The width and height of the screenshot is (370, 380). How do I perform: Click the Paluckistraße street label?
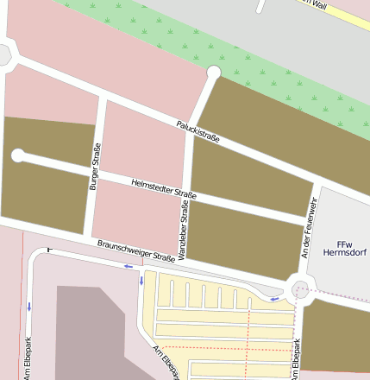(198, 130)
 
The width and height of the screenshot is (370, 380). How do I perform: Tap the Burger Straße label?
(95, 166)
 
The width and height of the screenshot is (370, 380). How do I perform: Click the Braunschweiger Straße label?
(136, 250)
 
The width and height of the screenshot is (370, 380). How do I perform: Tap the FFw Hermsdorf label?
(344, 249)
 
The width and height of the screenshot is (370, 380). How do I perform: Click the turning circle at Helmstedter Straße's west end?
(18, 155)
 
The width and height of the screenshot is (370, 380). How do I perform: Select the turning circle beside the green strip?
(214, 73)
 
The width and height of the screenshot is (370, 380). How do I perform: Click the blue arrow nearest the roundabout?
(275, 299)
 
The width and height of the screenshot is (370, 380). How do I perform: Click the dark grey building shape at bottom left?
(95, 337)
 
